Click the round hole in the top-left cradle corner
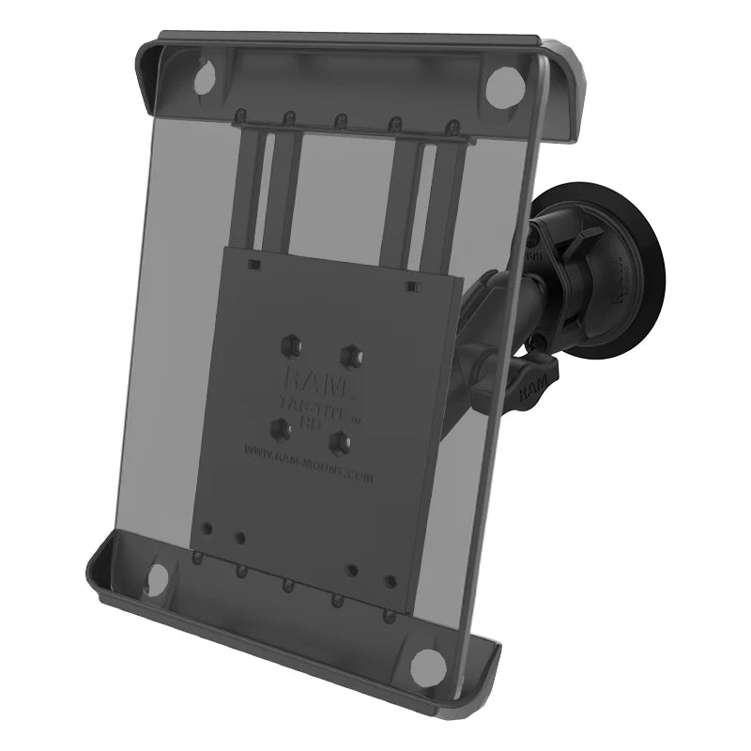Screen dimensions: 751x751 [204, 79]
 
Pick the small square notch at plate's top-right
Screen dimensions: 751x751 [410, 284]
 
